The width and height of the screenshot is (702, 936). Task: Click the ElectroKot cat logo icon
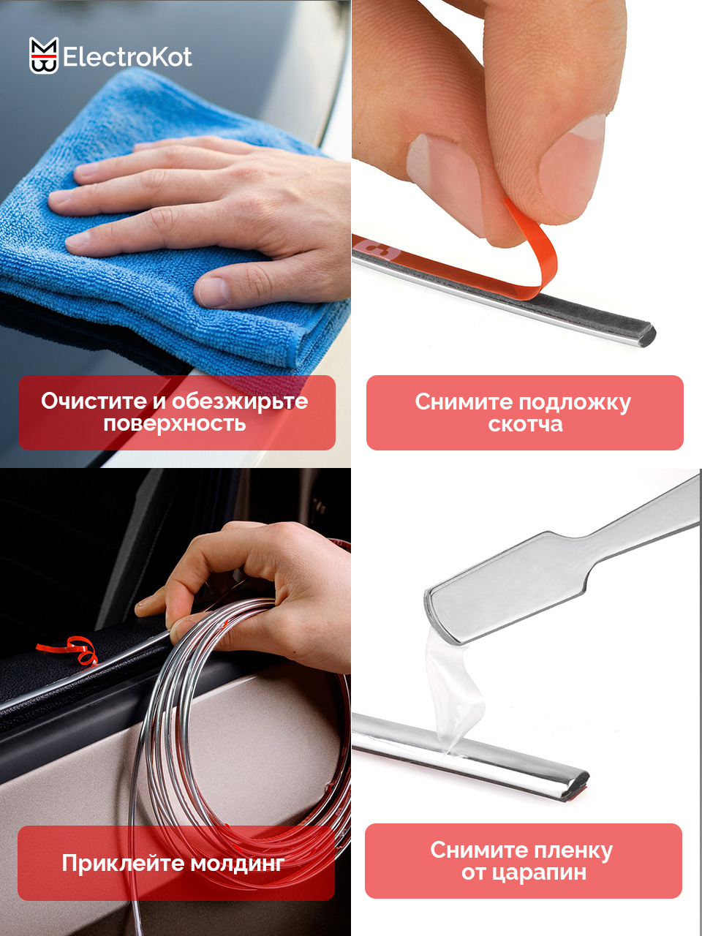coord(43,56)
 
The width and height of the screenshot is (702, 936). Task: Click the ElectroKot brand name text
coord(127,57)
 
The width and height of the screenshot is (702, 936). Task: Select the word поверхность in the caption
coord(175,424)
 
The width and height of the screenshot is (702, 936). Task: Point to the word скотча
coord(526,424)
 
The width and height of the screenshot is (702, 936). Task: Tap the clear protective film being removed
coord(452,695)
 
